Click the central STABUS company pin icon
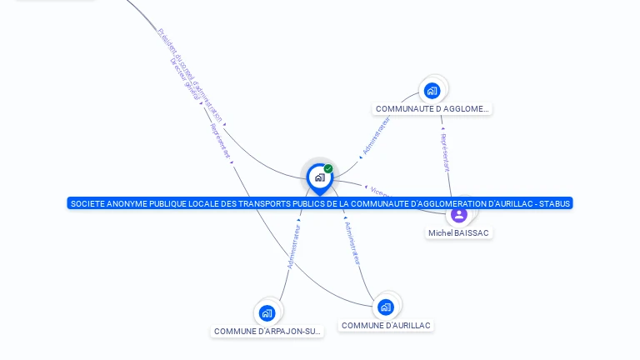click(319, 177)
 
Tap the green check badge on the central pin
click(328, 168)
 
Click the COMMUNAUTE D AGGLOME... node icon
click(432, 91)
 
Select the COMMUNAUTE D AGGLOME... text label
click(432, 109)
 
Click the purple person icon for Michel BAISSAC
click(458, 215)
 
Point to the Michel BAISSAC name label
click(458, 233)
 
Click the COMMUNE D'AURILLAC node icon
click(385, 307)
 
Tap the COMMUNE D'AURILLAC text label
click(387, 326)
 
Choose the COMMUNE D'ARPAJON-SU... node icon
click(267, 313)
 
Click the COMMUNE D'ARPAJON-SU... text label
click(267, 332)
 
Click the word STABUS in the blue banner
click(555, 203)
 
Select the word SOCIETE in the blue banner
click(87, 203)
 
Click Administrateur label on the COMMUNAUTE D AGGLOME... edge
click(376, 136)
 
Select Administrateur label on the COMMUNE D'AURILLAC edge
click(353, 242)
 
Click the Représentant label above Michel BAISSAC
click(445, 152)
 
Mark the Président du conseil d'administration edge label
click(190, 74)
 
